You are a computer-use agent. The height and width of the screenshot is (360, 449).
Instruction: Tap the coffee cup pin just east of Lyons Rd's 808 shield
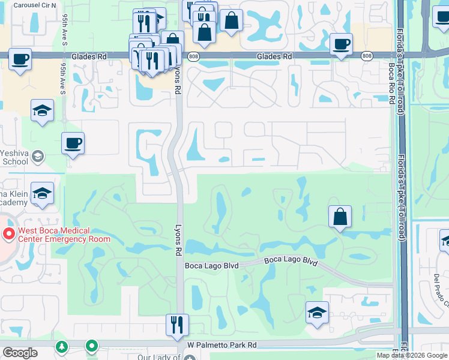[x=341, y=44]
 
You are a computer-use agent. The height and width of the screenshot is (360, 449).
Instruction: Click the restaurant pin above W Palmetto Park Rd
[x=177, y=326]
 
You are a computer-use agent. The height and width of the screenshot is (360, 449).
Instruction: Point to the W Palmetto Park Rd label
[x=221, y=345]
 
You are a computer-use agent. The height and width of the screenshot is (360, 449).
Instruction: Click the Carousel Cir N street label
[x=34, y=5]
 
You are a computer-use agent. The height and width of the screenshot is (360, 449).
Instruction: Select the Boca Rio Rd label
[x=391, y=83]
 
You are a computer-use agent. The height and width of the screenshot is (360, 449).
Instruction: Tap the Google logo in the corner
[x=20, y=353]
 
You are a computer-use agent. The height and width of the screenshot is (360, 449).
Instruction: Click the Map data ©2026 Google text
[x=411, y=355]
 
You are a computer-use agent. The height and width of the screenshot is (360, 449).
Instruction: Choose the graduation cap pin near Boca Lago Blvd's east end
[x=317, y=313]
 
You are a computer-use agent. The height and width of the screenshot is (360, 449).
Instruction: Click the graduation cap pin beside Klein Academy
[x=43, y=194]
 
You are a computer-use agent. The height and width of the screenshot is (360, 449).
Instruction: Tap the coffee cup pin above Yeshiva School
[x=73, y=144]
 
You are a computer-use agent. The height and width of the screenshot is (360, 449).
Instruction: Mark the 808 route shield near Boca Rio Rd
[x=366, y=56]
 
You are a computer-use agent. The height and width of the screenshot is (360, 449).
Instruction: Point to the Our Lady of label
[x=159, y=357]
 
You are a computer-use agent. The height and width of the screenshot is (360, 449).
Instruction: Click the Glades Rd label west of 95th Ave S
[x=89, y=56]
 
